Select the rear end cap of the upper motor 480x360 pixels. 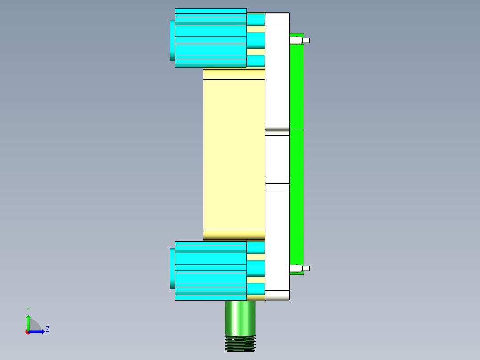(x=172, y=40)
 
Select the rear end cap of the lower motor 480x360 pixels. (x=172, y=269)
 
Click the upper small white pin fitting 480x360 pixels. (x=300, y=41)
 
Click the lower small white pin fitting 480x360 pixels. (x=300, y=269)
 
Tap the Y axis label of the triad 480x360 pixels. (x=28, y=309)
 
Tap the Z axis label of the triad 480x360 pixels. (x=47, y=329)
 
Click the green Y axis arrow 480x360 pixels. (x=28, y=322)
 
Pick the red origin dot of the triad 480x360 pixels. (x=28, y=332)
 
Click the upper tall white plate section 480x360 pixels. (x=277, y=71)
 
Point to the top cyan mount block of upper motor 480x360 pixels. (x=256, y=20)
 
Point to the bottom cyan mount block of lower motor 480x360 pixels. (x=256, y=289)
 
